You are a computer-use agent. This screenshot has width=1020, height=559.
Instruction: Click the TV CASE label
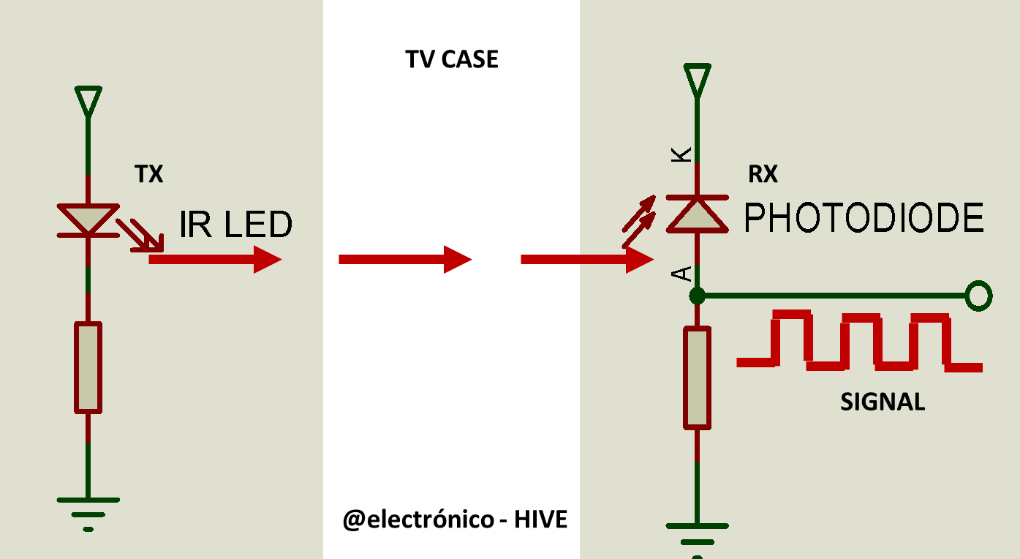(x=452, y=59)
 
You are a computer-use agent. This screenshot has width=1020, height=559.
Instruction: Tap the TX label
(x=149, y=174)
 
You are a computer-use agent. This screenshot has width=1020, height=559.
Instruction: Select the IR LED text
(x=235, y=224)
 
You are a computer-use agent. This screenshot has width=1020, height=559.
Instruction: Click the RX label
(x=763, y=174)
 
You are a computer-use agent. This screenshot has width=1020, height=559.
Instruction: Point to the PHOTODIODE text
(x=864, y=218)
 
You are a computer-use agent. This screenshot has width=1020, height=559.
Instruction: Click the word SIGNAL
(x=883, y=402)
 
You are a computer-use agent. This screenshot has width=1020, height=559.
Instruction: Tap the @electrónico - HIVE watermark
(x=455, y=519)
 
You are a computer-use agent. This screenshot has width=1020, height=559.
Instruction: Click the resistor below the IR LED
(x=88, y=367)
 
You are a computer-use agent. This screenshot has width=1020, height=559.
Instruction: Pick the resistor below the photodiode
(x=697, y=378)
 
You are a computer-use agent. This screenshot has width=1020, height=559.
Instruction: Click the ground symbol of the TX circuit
(x=88, y=514)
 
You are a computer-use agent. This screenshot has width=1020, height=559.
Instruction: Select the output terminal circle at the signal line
(x=978, y=296)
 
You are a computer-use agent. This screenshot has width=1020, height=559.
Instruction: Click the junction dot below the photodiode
(x=697, y=296)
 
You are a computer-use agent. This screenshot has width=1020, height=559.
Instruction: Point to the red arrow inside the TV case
(x=405, y=260)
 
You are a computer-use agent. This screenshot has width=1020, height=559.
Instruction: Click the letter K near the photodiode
(x=681, y=154)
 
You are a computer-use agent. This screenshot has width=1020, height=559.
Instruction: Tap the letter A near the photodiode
(x=681, y=274)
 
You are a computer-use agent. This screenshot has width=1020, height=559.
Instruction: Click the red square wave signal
(x=859, y=341)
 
